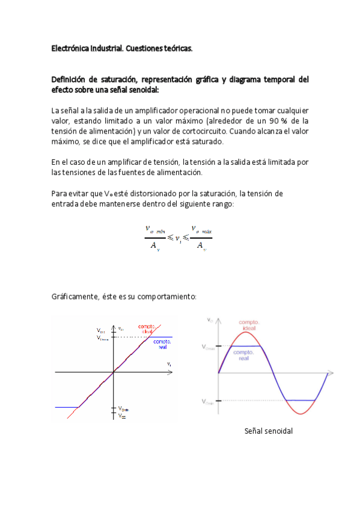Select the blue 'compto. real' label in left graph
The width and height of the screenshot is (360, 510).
(x=161, y=343)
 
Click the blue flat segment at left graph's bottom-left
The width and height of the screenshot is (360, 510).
(x=66, y=407)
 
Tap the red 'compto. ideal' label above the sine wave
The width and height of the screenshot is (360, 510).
(x=249, y=325)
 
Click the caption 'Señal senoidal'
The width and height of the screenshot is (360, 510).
(x=268, y=431)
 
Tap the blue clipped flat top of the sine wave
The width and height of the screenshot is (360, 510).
(x=247, y=346)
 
